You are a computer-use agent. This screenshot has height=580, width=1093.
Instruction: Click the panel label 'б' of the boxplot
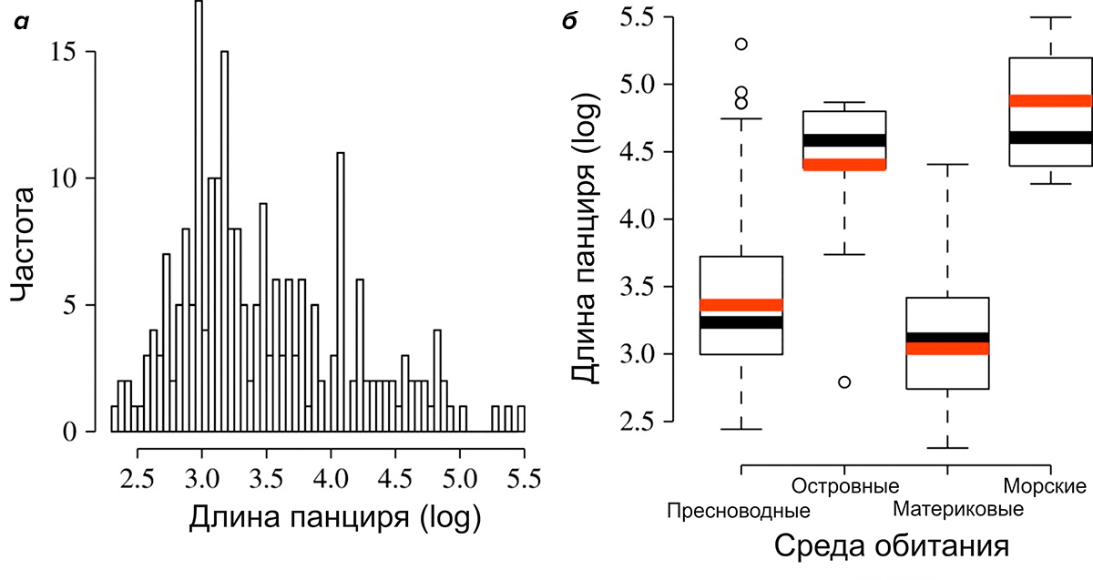570,20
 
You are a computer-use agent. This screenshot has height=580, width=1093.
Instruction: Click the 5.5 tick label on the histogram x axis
523,478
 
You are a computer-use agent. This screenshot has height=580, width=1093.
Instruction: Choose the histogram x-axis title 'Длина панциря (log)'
334,518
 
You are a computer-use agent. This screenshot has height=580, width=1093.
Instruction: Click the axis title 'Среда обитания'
891,547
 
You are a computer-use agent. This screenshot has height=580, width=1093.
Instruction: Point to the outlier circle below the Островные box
844,382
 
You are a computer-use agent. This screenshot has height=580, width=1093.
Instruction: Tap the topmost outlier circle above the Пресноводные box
741,44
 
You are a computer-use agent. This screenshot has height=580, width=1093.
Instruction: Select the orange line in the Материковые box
948,349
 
